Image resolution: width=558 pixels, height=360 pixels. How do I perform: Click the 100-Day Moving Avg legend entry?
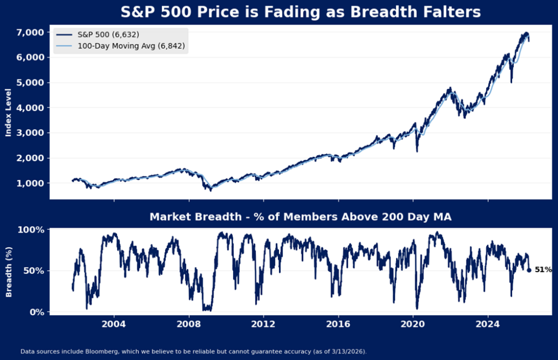(120, 47)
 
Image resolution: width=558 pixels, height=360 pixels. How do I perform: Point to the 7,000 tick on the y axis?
(31, 32)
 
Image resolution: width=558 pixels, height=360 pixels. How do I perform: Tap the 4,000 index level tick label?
(31, 108)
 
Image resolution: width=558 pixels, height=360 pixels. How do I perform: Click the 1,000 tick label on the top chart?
(31, 183)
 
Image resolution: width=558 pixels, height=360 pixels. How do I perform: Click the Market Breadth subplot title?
(300, 217)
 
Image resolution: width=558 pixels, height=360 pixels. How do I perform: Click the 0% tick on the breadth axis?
(37, 312)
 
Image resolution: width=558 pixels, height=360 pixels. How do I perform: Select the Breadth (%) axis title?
(8, 271)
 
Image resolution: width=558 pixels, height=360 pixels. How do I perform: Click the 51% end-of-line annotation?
(543, 270)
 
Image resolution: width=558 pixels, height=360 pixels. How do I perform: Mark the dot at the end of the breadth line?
(529, 270)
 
